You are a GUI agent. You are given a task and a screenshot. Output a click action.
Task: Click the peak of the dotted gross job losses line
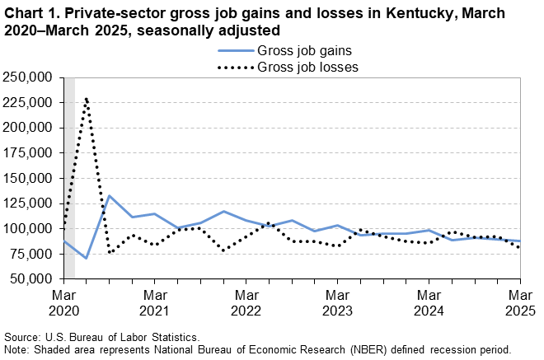[87, 98]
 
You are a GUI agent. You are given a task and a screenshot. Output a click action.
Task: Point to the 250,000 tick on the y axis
[30, 77]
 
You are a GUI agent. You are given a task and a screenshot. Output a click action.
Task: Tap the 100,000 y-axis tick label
[30, 229]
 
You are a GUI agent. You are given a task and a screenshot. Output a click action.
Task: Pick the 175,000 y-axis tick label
[30, 153]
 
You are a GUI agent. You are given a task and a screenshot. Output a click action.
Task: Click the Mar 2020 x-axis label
[63, 302]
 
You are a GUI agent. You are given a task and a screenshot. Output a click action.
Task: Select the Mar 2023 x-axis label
[337, 302]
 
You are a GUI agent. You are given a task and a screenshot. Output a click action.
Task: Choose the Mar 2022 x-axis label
[246, 302]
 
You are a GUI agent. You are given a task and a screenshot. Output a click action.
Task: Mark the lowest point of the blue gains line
[87, 258]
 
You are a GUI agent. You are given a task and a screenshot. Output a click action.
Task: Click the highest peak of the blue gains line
[110, 196]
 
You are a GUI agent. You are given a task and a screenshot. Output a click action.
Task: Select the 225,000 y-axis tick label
[30, 103]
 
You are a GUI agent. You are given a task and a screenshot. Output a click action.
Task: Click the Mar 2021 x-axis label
[155, 302]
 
